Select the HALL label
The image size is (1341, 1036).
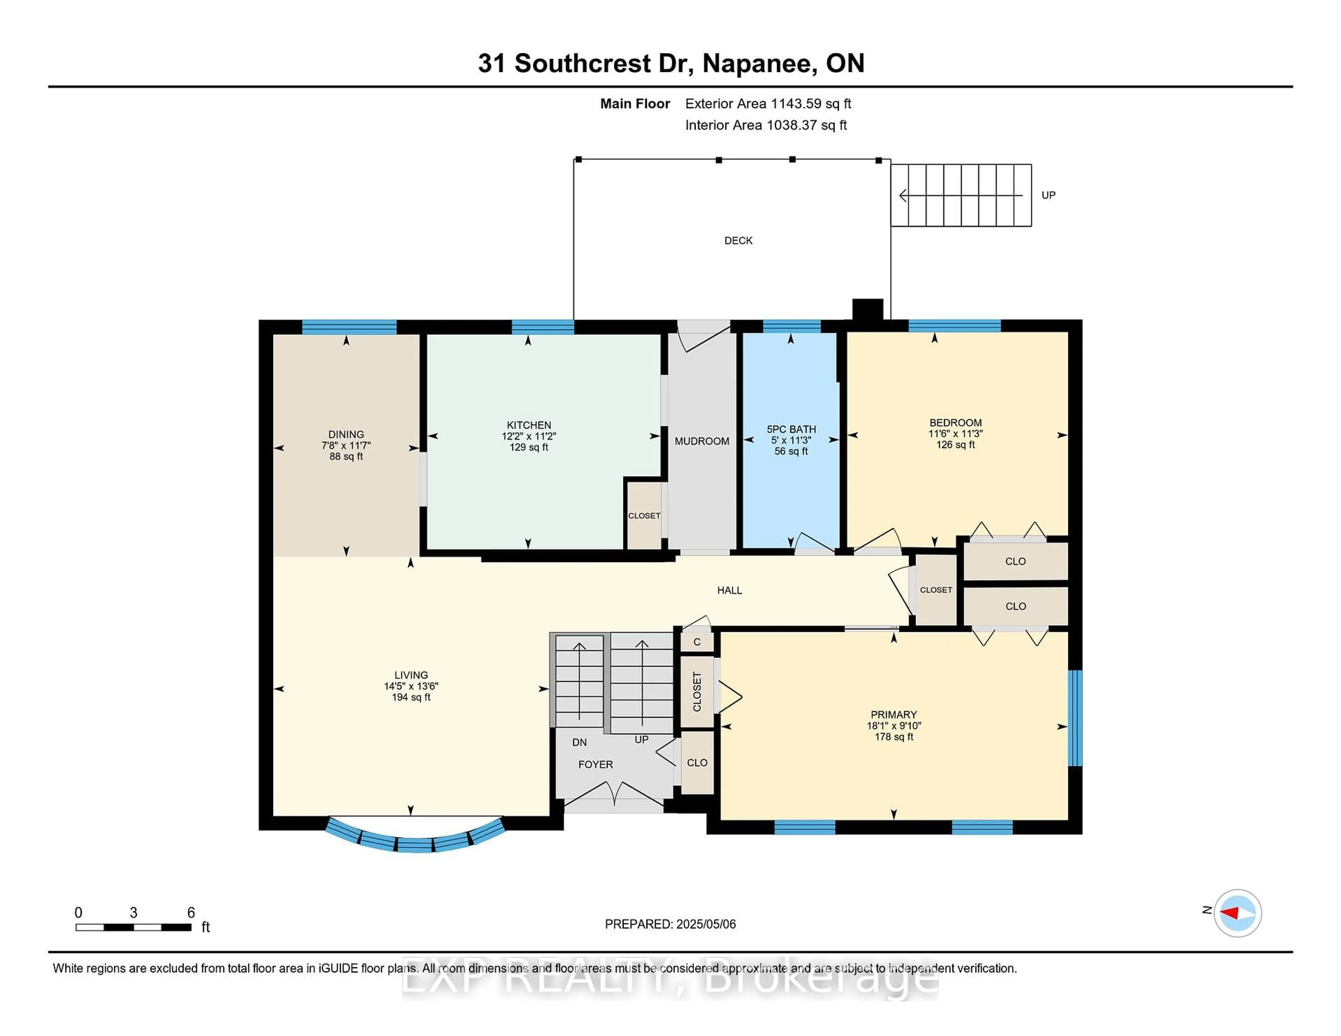(730, 590)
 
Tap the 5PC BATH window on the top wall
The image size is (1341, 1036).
(791, 326)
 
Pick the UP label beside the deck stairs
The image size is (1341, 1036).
(1048, 195)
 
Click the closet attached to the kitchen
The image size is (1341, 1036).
(644, 516)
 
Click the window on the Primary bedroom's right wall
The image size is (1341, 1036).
(1075, 718)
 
